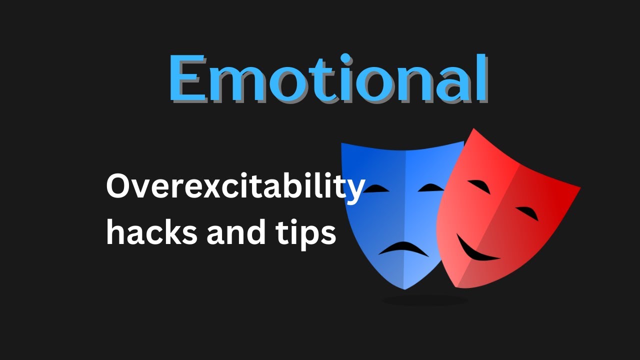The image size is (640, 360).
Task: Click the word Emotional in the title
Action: point(327,78)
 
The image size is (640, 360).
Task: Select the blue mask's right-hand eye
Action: point(431,188)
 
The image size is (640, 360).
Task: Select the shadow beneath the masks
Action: point(425,300)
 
